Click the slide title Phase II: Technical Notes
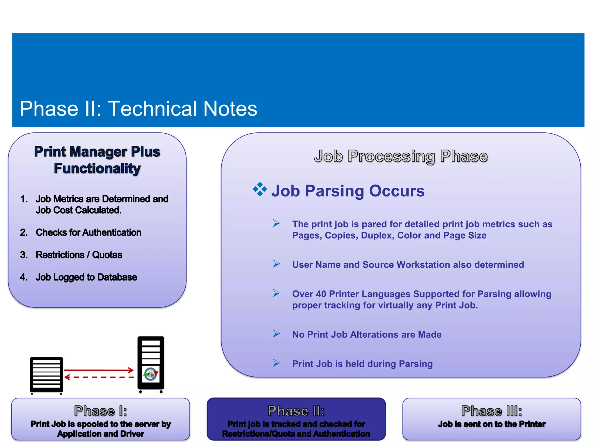[x=138, y=109]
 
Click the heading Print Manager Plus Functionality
[x=97, y=160]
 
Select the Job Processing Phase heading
[x=401, y=156]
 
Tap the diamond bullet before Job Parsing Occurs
[x=260, y=189]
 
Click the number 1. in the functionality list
[x=24, y=199]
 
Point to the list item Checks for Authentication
[x=88, y=233]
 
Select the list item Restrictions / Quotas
[x=79, y=255]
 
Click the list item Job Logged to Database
[x=86, y=277]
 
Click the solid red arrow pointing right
[x=99, y=370]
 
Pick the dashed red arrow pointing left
[x=99, y=377]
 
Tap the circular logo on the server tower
[x=151, y=374]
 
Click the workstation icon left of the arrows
[x=47, y=375]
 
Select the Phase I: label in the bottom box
[x=100, y=411]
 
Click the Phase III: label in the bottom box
[x=492, y=411]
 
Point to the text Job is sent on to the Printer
[x=492, y=424]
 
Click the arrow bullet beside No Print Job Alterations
[x=276, y=334]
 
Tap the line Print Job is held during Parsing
[x=362, y=364]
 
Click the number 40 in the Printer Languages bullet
[x=321, y=294]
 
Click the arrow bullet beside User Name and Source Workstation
[x=276, y=264]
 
